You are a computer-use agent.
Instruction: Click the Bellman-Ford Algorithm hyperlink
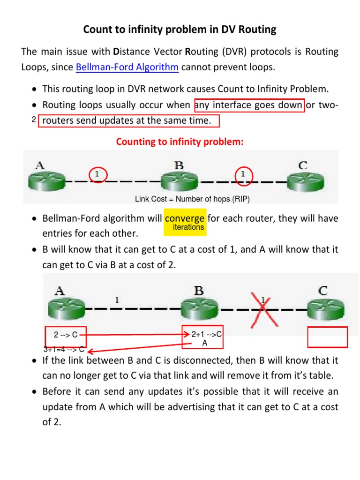click(x=127, y=67)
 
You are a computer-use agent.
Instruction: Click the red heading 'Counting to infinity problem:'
click(x=180, y=142)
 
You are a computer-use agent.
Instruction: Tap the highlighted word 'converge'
click(x=185, y=218)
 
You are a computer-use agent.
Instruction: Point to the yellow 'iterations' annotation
click(x=188, y=227)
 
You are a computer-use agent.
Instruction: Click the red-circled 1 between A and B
click(x=97, y=175)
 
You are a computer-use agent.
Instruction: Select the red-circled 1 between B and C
click(x=243, y=175)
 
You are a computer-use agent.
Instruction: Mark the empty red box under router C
click(x=327, y=337)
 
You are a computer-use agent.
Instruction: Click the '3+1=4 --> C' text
click(x=64, y=349)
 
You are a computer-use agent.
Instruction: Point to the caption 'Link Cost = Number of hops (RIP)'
click(x=192, y=199)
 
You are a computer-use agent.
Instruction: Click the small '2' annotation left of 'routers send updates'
click(x=34, y=120)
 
